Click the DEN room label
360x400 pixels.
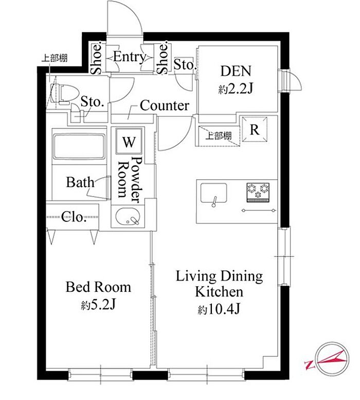click(x=236, y=71)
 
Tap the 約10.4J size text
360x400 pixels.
click(x=219, y=310)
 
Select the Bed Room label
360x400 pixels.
click(x=98, y=287)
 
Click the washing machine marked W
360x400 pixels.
click(x=129, y=141)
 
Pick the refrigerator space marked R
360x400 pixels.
click(x=254, y=129)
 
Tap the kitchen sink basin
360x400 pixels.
click(x=213, y=193)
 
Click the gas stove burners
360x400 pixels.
click(x=258, y=192)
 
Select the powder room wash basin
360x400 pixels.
click(x=128, y=217)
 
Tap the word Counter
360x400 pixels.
click(x=165, y=106)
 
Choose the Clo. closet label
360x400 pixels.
click(x=73, y=217)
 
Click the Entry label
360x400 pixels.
click(x=130, y=57)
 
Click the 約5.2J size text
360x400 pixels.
click(x=98, y=304)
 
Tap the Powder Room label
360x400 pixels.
click(x=130, y=180)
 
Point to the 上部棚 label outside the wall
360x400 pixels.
click(x=55, y=58)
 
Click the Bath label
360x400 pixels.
click(x=80, y=182)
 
